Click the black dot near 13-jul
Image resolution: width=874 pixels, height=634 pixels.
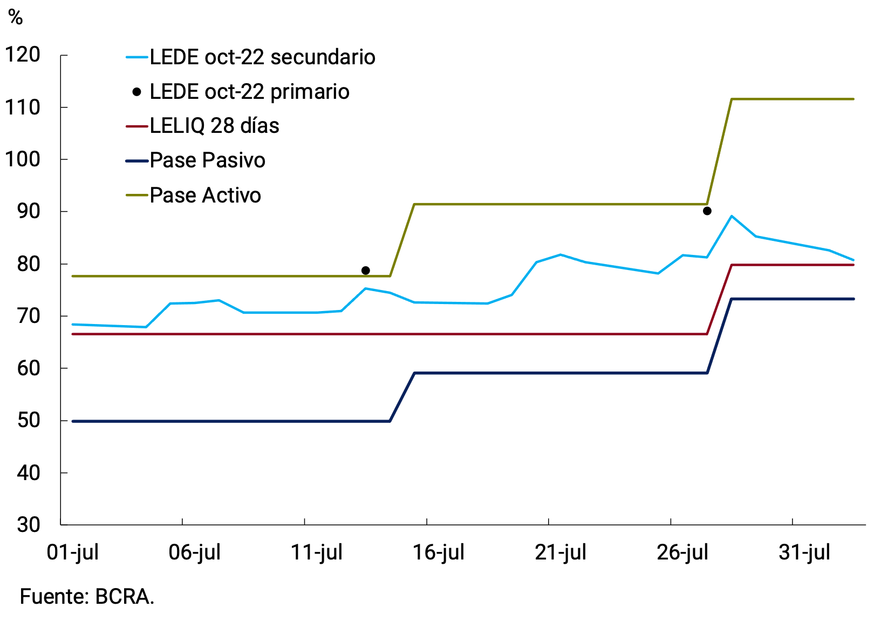(365, 270)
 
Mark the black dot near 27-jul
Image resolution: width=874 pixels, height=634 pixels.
(707, 211)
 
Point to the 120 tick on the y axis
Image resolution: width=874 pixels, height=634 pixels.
(23, 55)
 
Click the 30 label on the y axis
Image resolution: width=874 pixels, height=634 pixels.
(29, 524)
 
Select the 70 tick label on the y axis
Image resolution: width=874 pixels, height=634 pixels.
(29, 316)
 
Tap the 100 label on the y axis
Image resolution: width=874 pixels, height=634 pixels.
(23, 159)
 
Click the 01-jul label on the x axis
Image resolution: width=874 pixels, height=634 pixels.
(73, 552)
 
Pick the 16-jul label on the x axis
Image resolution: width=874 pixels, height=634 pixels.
(439, 552)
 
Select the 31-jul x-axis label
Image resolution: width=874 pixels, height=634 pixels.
(804, 552)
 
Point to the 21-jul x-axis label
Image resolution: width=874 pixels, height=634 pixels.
(561, 552)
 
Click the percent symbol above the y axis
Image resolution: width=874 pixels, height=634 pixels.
(16, 18)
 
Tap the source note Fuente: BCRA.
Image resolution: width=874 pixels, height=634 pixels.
(87, 597)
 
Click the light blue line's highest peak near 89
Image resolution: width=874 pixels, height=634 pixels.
(731, 216)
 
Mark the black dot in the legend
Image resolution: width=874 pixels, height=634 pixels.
(137, 92)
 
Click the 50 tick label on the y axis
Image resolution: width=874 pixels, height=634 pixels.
(29, 420)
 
